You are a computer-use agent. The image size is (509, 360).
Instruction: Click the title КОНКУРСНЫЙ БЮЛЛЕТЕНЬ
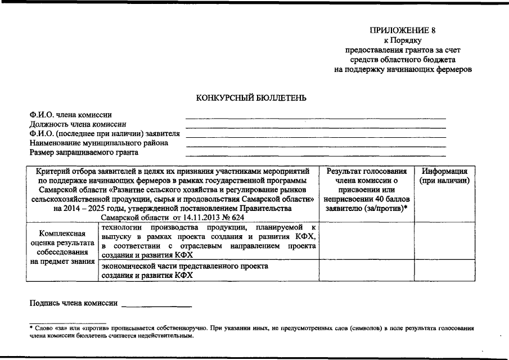251,98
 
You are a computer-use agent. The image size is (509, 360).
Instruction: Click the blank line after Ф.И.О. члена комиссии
315,118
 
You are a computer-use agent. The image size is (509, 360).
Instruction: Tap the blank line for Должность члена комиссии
315,127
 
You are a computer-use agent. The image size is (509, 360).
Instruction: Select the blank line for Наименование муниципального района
315,146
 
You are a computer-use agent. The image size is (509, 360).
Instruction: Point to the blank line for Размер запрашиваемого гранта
315,155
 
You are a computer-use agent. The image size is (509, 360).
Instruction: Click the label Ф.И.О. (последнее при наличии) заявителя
105,133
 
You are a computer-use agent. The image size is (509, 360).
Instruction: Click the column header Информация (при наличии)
445,175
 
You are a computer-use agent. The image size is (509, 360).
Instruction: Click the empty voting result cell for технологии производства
367,241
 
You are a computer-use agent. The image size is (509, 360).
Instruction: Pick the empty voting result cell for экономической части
367,270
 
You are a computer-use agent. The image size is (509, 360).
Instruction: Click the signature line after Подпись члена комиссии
156,305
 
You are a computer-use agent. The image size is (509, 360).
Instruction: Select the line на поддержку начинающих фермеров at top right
402,69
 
